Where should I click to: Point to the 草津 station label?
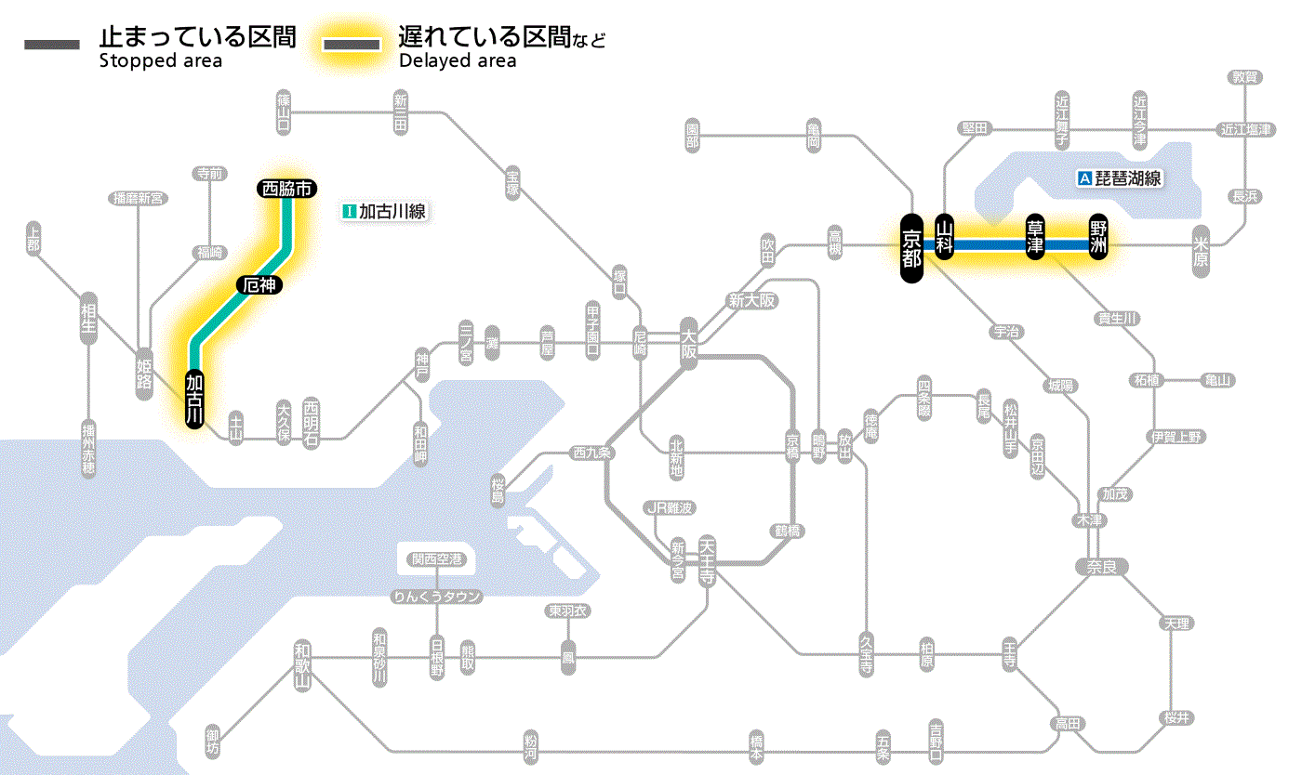point(1035,238)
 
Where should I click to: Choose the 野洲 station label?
point(1098,238)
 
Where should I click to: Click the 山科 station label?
point(946,238)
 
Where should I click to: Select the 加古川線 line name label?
point(384,211)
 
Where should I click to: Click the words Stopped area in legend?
point(160,61)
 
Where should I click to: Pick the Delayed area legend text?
point(457,61)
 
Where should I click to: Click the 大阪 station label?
point(688,343)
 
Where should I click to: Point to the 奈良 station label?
point(1100,566)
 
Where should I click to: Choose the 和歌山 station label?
point(303,666)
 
